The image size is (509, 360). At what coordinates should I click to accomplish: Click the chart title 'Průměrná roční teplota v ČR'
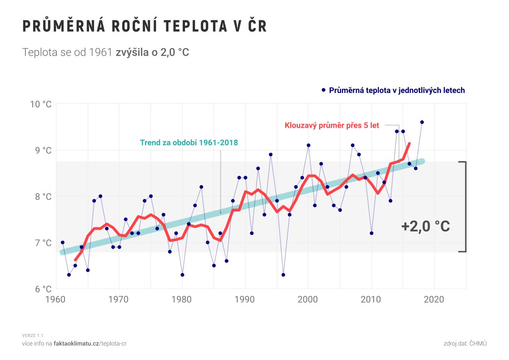point(144,26)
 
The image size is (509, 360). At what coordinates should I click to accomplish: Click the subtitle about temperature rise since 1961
point(106,53)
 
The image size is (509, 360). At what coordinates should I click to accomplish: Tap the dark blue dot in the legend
point(324,90)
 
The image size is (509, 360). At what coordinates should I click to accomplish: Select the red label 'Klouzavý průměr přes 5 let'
point(332,126)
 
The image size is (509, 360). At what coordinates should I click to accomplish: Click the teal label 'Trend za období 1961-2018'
point(189,143)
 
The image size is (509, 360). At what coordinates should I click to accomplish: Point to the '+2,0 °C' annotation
point(425,227)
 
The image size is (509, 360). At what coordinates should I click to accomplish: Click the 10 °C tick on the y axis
point(41,104)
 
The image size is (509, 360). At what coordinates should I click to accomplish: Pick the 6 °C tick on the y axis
point(42,289)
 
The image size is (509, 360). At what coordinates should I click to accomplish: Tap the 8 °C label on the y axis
point(42,197)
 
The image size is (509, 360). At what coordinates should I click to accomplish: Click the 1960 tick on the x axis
point(56,300)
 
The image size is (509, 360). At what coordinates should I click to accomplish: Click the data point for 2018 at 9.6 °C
point(422,122)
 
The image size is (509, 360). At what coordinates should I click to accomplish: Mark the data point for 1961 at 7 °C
point(62,242)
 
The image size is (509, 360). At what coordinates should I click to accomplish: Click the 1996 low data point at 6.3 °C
point(283,275)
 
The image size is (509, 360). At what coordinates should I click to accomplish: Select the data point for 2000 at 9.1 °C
point(308,145)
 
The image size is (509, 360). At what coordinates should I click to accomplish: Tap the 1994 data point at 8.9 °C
point(271,155)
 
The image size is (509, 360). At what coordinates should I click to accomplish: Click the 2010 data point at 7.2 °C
point(372,233)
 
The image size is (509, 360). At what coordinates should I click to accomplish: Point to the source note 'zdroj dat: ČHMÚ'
point(465,343)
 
